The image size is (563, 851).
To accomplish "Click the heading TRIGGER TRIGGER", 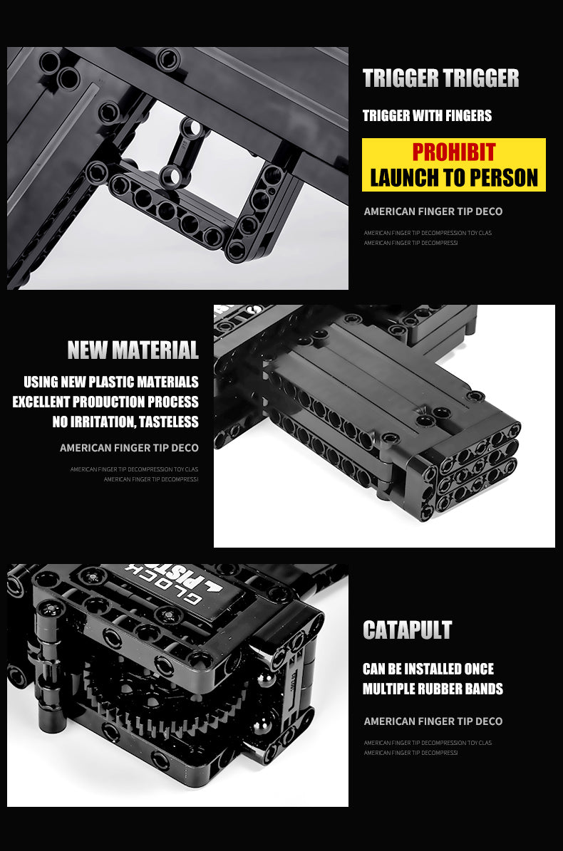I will point(440,78).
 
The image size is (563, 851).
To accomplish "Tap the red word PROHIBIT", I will point(453,152).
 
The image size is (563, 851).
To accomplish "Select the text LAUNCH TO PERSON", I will point(453,177).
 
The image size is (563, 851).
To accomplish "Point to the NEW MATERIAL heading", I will point(133,350).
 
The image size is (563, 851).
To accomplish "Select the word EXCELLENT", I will point(51,402).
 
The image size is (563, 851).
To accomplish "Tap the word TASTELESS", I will point(168,422).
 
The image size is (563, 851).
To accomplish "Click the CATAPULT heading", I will point(407,630).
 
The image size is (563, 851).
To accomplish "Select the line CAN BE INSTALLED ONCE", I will point(428,669).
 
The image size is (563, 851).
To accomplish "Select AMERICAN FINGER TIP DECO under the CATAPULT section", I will point(433,721).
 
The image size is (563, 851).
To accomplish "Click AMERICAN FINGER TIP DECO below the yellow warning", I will point(433,212).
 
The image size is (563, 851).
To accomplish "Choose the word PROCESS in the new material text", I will point(173,402).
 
